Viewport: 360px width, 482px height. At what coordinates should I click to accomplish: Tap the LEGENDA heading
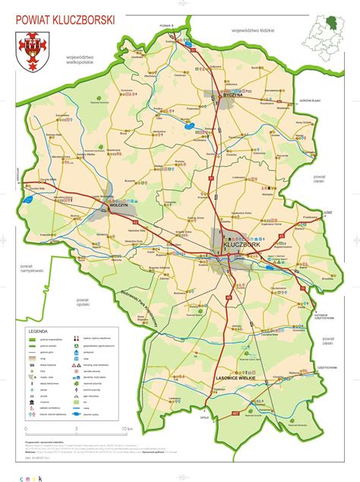pos(39,332)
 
